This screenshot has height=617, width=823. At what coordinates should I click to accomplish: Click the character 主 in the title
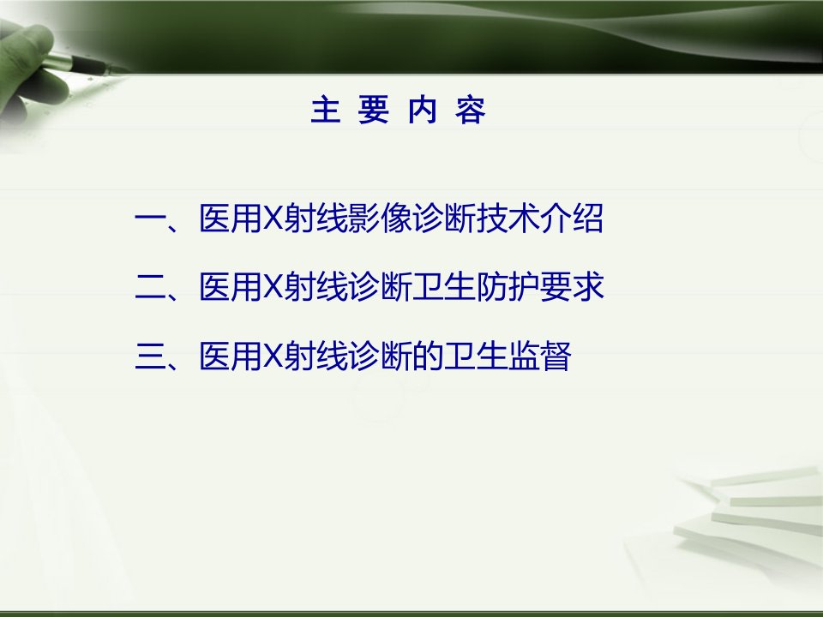[325, 111]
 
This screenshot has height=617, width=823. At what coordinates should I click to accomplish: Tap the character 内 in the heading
[423, 111]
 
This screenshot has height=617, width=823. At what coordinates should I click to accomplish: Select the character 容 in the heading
[471, 111]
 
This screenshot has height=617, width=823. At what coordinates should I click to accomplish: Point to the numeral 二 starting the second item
[151, 286]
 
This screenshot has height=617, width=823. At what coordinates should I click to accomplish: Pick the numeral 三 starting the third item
[151, 356]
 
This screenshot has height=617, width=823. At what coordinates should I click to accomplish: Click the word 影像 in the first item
[381, 218]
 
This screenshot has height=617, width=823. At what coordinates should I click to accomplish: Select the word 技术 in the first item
[508, 218]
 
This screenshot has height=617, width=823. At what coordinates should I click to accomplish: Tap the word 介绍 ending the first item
[572, 218]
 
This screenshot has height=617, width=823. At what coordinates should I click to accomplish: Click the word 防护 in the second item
[508, 286]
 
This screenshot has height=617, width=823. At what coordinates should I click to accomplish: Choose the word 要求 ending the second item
[572, 286]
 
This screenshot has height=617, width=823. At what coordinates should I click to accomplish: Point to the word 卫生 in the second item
[444, 286]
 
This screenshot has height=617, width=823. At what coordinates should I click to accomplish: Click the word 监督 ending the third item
[539, 356]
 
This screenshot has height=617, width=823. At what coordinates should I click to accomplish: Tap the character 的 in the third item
[429, 356]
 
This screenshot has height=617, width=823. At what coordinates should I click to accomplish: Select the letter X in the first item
[273, 217]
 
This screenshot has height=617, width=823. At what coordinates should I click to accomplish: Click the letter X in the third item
[273, 356]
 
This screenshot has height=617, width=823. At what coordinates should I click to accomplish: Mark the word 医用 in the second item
[231, 286]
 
